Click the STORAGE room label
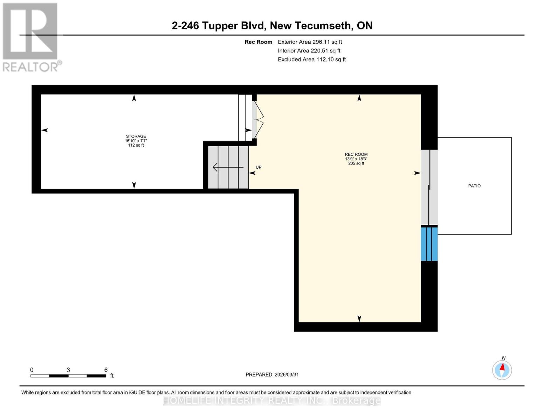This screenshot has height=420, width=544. [136, 136]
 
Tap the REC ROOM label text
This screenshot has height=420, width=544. [356, 154]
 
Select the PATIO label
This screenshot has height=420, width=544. [474, 186]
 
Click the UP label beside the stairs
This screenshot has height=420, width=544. [259, 167]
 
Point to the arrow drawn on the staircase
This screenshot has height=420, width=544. [228, 167]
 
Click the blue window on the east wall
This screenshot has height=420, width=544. [429, 244]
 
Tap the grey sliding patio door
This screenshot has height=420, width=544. [429, 187]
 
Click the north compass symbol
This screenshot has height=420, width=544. [502, 370]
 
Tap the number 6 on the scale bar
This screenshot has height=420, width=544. [106, 370]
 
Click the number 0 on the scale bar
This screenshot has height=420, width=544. [32, 370]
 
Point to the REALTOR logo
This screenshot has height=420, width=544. [30, 37]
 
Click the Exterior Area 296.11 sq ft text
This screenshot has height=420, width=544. [310, 42]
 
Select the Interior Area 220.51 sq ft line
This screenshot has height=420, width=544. [309, 51]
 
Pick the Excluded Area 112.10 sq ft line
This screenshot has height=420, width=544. [312, 59]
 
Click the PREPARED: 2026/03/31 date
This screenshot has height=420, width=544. [272, 374]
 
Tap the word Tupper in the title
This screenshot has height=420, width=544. [220, 26]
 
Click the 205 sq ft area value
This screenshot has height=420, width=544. [356, 163]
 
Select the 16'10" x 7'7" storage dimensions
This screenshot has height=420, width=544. [136, 141]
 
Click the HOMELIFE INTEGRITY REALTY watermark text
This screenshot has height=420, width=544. [272, 400]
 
